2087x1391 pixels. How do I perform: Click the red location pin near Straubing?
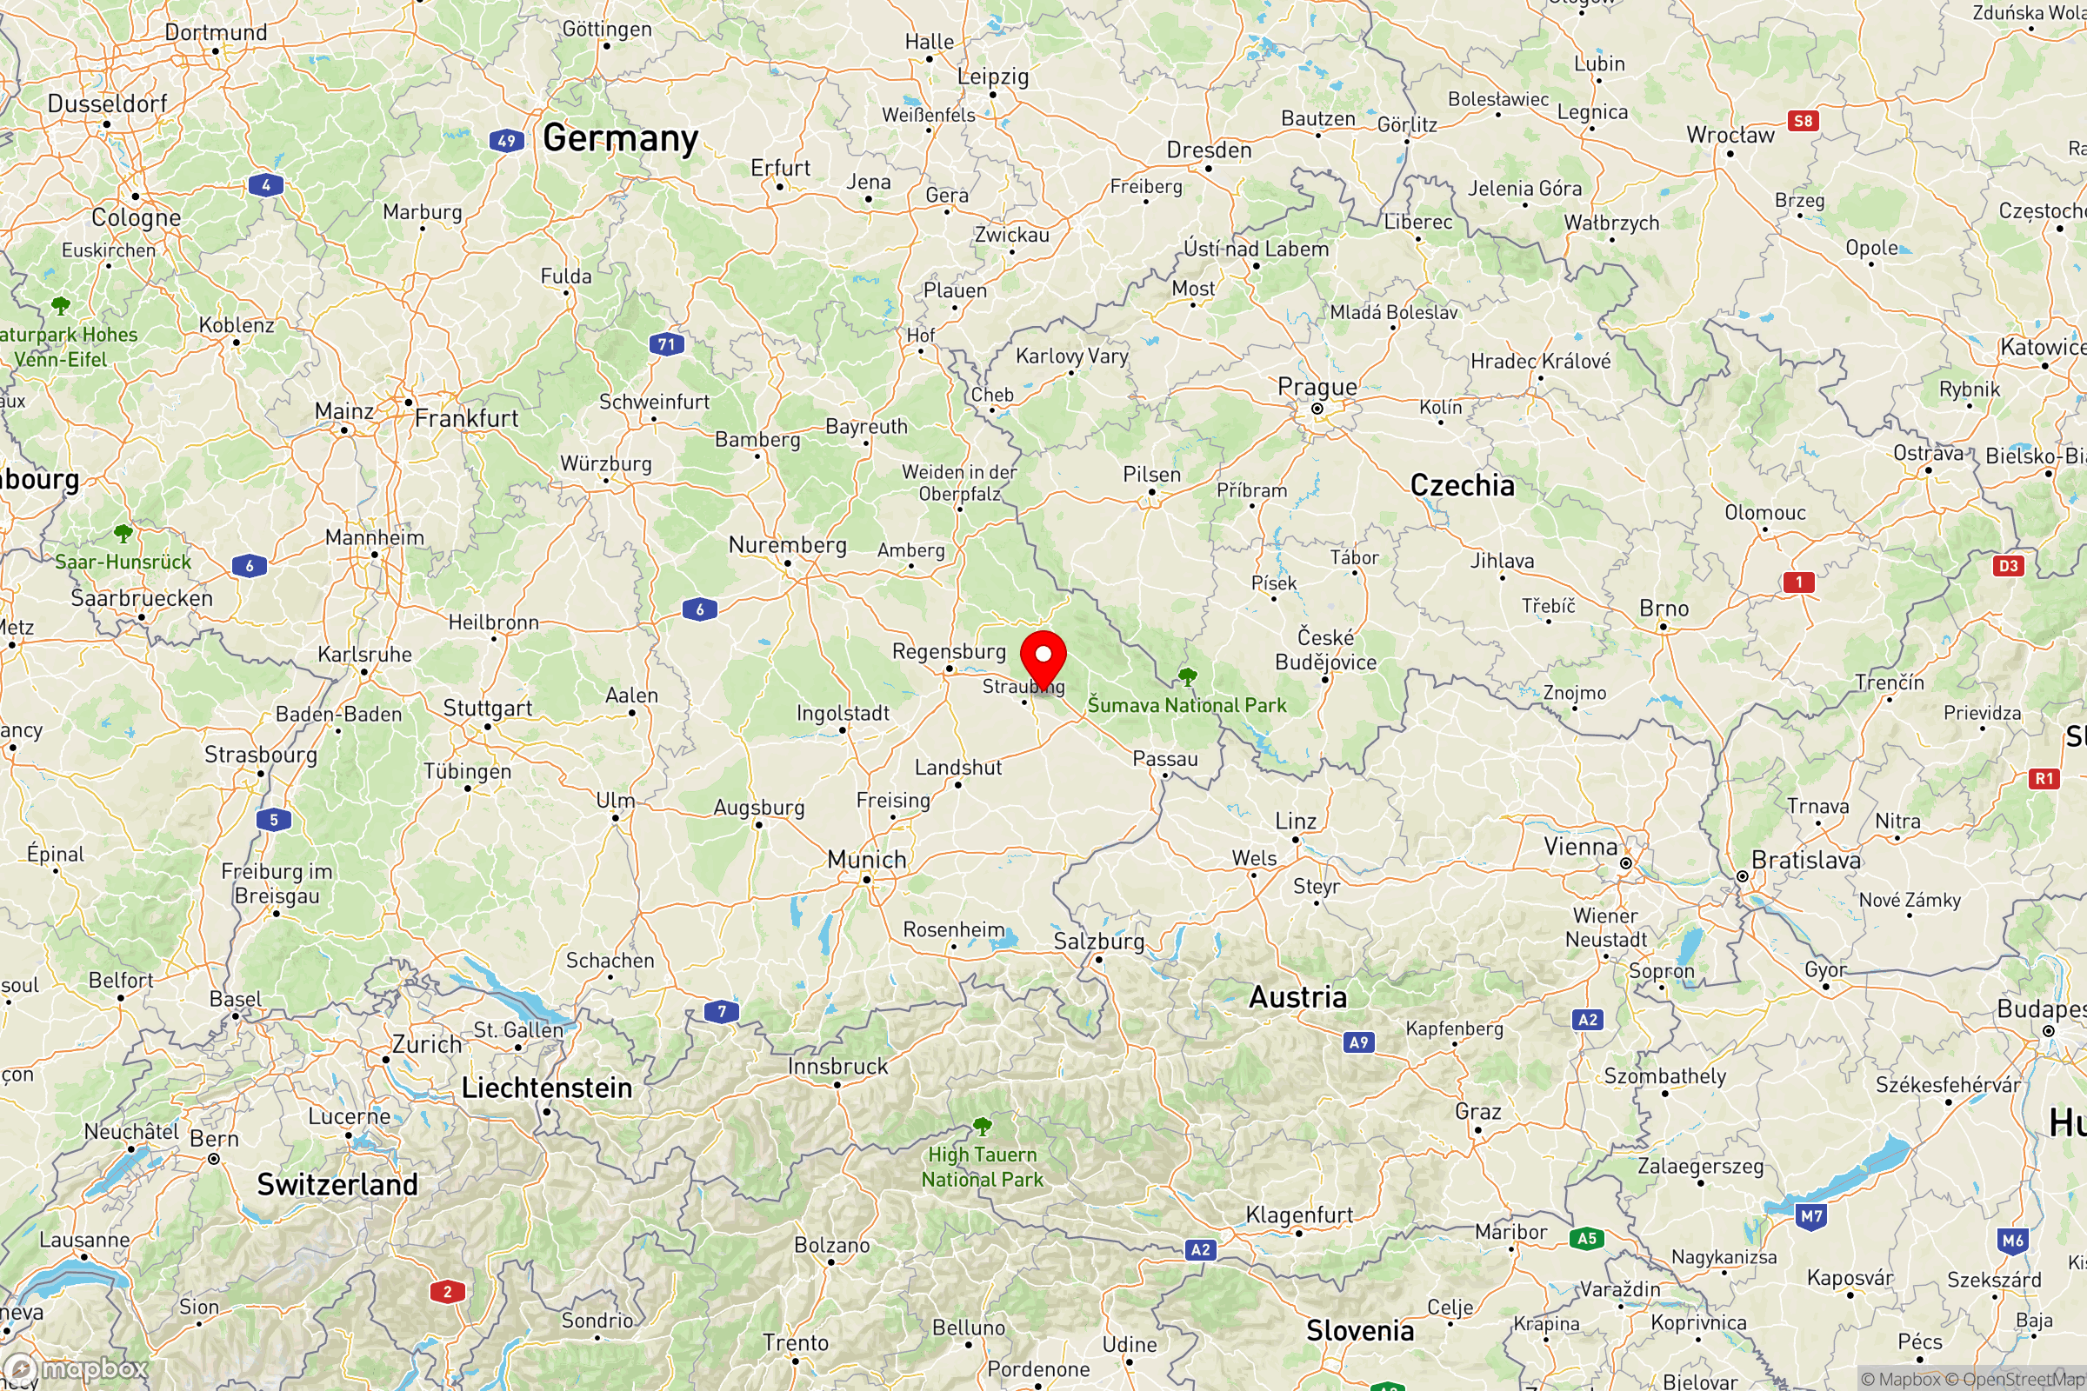click(1043, 656)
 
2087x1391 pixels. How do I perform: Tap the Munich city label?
click(866, 860)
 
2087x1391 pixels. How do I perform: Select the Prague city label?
click(1317, 387)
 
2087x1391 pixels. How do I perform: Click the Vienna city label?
click(1580, 846)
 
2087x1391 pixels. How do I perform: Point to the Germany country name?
click(620, 138)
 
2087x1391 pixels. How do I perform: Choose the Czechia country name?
click(1463, 485)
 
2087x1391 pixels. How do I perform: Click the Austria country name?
click(1297, 997)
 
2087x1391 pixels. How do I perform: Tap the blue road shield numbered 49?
click(506, 140)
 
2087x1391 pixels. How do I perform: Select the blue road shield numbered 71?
click(666, 344)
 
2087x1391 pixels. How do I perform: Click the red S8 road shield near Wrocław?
click(1802, 121)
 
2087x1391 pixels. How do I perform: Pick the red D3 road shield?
click(2008, 566)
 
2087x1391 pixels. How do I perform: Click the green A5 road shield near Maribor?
click(1586, 1238)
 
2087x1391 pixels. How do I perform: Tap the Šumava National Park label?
click(1186, 705)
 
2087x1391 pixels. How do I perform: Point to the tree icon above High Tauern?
click(982, 1127)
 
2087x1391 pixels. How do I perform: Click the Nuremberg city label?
click(787, 545)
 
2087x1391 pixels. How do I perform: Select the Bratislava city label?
click(1806, 860)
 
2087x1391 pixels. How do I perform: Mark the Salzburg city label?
click(1098, 941)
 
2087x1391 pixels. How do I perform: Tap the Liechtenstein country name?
click(547, 1088)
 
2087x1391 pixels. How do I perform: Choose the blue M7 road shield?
click(1811, 1216)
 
